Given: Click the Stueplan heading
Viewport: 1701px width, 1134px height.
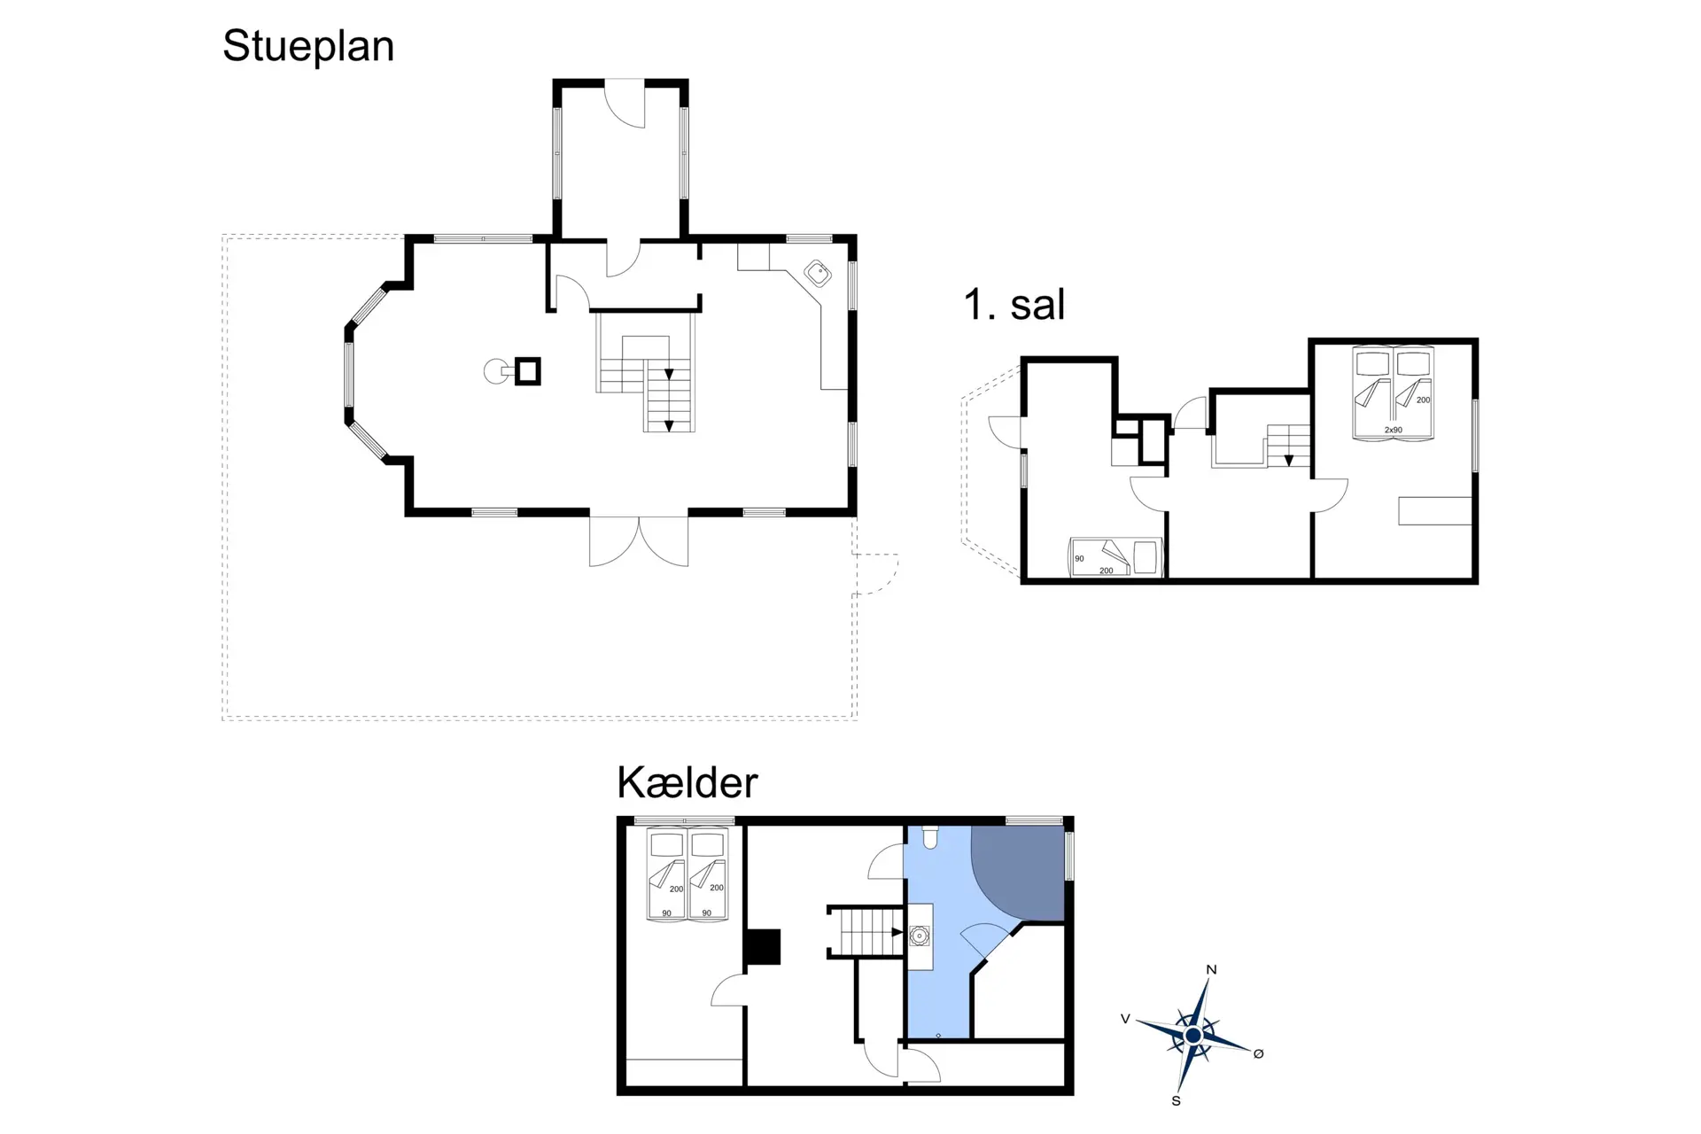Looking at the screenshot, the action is (x=308, y=47).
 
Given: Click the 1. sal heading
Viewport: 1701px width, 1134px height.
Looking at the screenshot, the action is (x=1014, y=305).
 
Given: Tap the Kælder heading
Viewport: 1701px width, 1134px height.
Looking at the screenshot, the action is (x=687, y=782).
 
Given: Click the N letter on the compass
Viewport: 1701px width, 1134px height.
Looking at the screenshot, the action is (x=1211, y=969).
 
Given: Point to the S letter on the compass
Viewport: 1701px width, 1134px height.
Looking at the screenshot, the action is (x=1176, y=1101).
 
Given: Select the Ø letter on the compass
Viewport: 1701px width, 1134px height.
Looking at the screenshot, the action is (x=1258, y=1053).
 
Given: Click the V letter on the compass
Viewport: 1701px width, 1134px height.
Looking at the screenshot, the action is (x=1125, y=1019).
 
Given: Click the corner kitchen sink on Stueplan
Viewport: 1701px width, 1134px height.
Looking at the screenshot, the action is (x=818, y=274).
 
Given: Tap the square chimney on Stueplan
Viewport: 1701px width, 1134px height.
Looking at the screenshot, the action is (x=528, y=371).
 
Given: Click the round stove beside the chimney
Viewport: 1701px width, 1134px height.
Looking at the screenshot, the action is (x=496, y=371).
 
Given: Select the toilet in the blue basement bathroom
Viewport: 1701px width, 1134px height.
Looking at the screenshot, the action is (x=930, y=837).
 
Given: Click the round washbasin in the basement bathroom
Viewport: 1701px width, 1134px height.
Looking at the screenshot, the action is (x=920, y=936).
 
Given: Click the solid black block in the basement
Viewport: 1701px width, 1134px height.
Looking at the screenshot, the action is (x=762, y=946).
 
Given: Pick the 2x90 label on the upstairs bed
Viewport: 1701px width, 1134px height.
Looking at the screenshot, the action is (x=1393, y=431).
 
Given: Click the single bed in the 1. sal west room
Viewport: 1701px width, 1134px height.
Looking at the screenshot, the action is (x=1115, y=557).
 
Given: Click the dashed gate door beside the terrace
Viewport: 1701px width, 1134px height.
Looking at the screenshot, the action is (x=876, y=574).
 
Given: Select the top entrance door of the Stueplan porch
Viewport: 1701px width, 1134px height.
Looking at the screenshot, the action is (x=624, y=104).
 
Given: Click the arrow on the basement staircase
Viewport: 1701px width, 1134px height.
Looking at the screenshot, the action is (x=897, y=933).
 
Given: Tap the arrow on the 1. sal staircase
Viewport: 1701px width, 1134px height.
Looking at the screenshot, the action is (x=1289, y=461).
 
